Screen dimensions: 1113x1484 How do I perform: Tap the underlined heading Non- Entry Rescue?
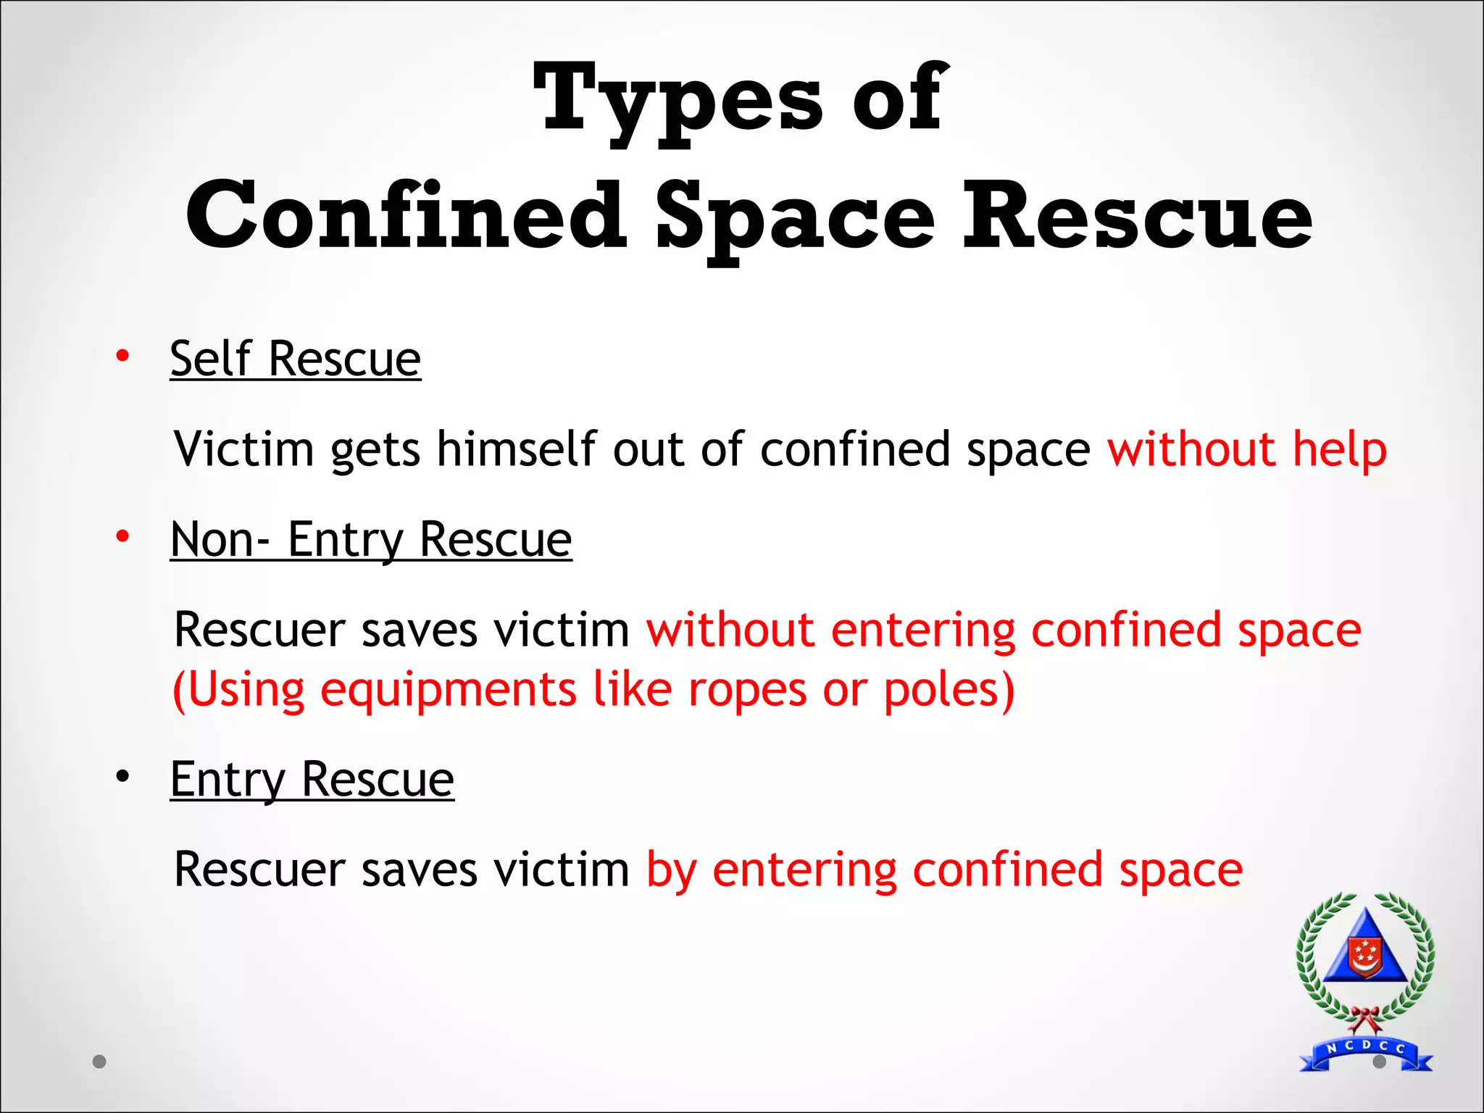371,540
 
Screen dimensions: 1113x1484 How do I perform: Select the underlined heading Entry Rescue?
312,780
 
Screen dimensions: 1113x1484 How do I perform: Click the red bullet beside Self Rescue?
122,356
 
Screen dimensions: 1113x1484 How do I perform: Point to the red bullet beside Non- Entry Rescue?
122,536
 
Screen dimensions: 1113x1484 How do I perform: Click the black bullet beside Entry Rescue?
122,776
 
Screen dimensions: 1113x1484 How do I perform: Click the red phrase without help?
1247,449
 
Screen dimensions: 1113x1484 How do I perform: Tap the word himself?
517,449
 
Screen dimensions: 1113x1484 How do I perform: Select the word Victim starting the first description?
244,449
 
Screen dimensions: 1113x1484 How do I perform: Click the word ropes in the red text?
747,689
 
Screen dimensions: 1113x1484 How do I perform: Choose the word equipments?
449,691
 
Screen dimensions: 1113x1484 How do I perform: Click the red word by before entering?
671,870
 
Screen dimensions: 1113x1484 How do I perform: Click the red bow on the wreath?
1364,1018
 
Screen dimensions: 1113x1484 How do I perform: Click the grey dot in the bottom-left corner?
100,1062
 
